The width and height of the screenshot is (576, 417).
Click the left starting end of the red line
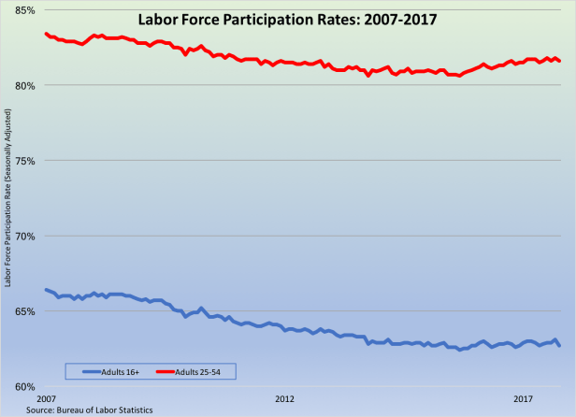tap(46, 34)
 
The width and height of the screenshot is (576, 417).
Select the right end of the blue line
tap(559, 346)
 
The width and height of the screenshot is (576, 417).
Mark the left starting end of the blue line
tap(46, 290)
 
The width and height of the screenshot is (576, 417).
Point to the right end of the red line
tap(559, 61)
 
